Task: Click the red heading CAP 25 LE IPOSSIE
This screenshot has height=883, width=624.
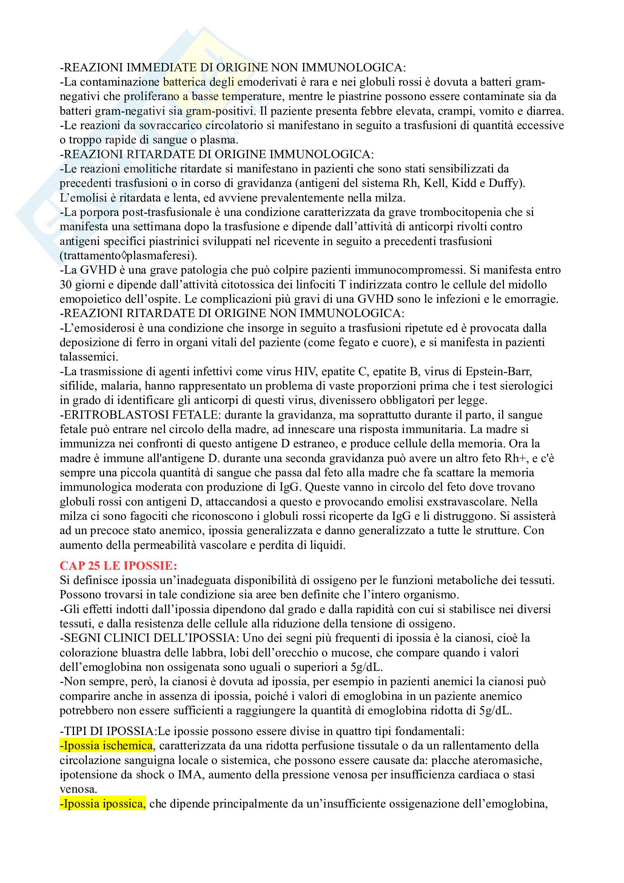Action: coord(118,566)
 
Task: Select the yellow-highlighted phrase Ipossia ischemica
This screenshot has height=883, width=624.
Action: coord(106,746)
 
